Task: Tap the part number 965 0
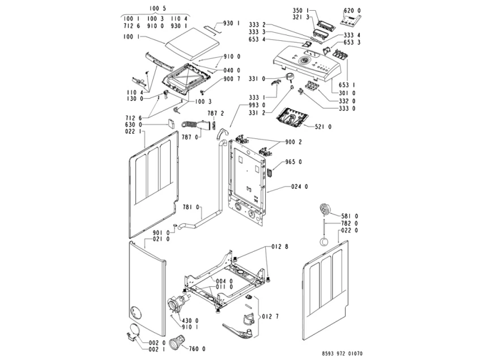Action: [294, 162]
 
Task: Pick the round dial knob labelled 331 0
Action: [290, 78]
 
